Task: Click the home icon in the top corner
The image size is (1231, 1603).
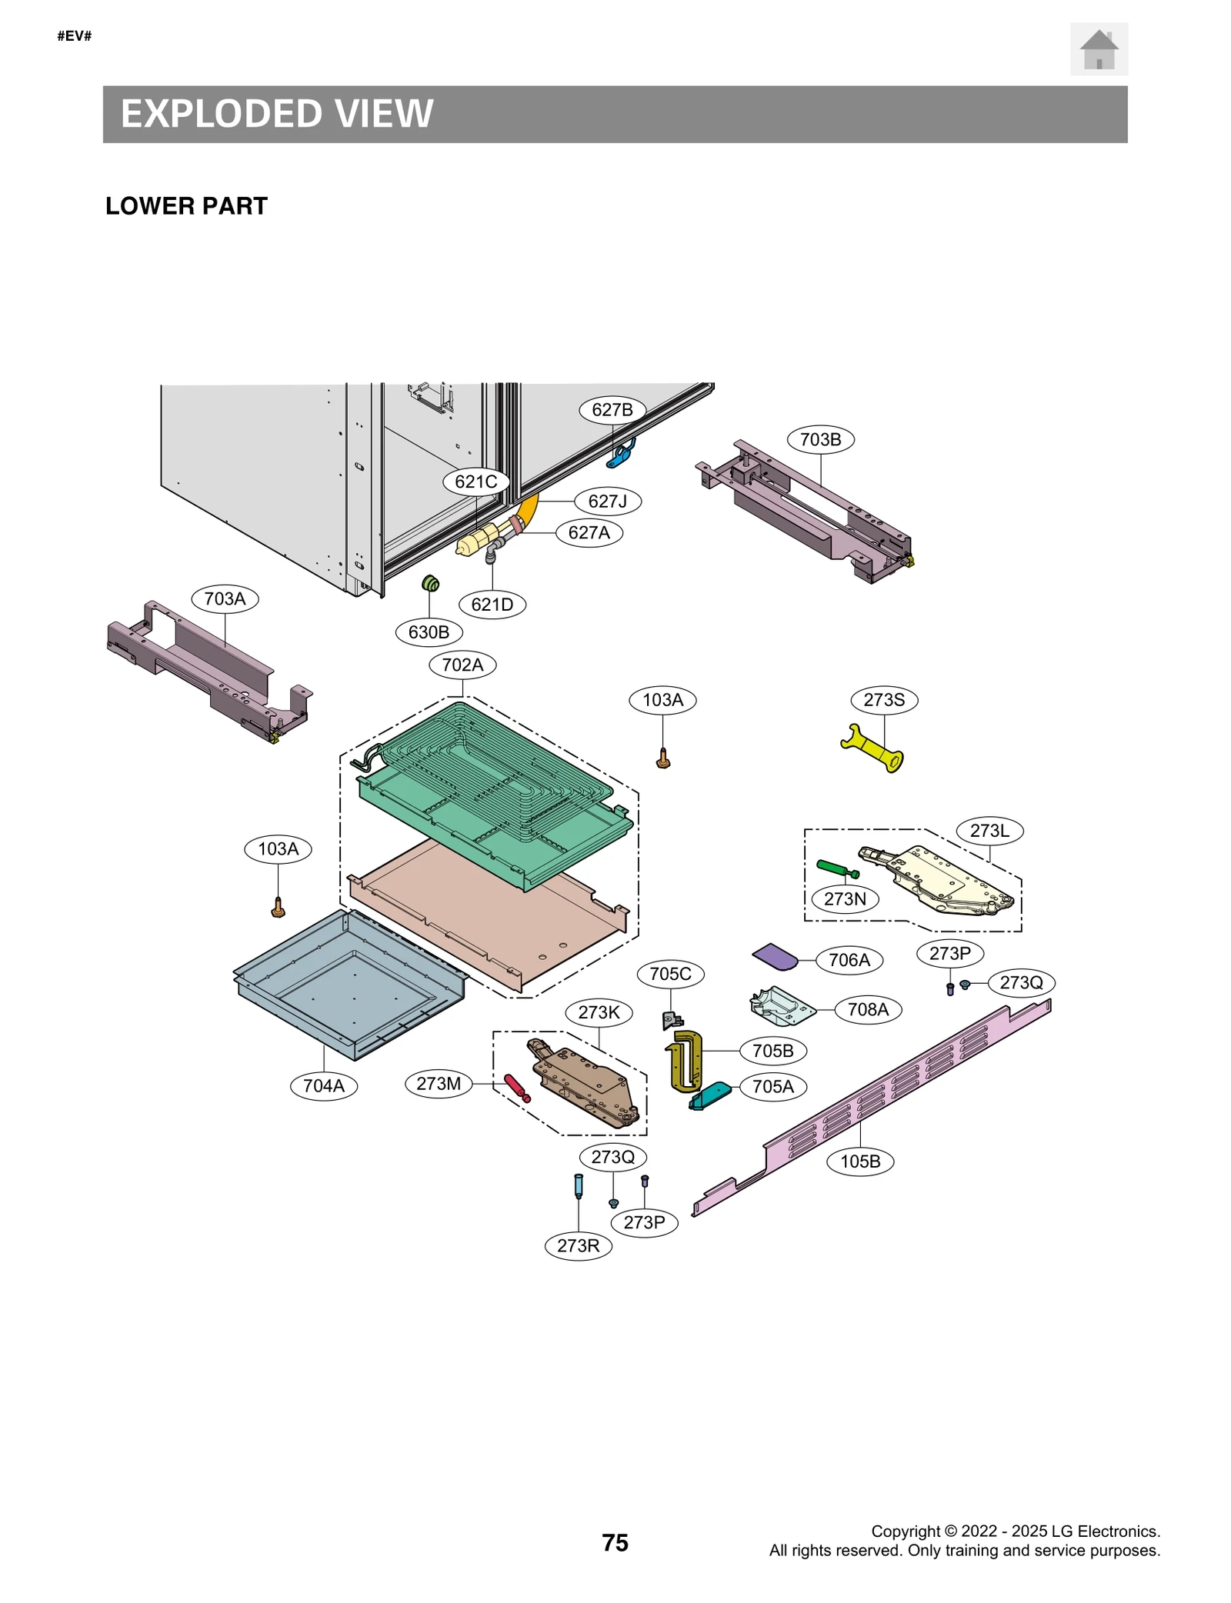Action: click(x=1098, y=49)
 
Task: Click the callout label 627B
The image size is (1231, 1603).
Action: click(x=612, y=409)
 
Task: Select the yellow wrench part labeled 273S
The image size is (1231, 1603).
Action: click(x=872, y=747)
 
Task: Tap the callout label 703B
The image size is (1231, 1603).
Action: click(x=820, y=439)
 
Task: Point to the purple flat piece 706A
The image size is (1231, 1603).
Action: click(x=775, y=957)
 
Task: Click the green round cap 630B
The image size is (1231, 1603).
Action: click(x=431, y=584)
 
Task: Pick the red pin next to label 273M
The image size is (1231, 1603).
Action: click(x=516, y=1088)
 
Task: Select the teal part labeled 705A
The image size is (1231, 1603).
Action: click(x=710, y=1095)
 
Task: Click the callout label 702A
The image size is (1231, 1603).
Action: click(x=462, y=665)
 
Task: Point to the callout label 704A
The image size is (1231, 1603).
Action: click(x=323, y=1085)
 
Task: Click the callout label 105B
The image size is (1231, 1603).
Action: click(x=859, y=1161)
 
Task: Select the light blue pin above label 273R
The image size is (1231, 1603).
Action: click(x=579, y=1185)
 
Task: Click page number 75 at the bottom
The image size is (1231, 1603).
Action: click(x=615, y=1542)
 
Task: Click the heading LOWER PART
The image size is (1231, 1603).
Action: click(x=186, y=206)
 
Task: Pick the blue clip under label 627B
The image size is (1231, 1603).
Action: click(x=622, y=455)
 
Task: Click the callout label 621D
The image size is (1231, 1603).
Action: click(x=492, y=604)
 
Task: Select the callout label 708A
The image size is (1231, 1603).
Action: click(x=867, y=1009)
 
